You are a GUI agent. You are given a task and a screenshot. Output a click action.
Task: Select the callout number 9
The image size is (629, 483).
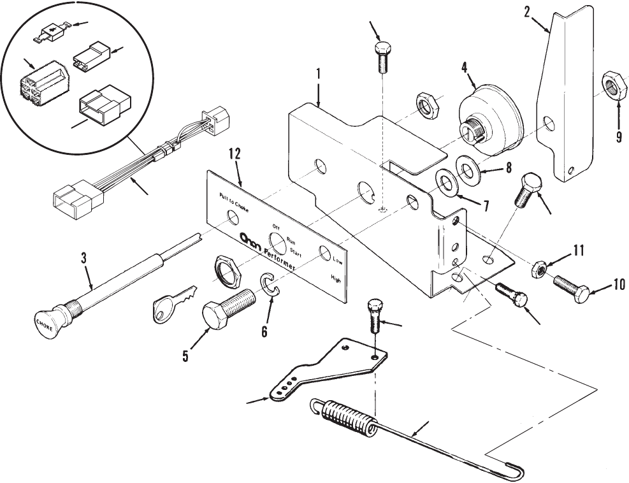pos(618,136)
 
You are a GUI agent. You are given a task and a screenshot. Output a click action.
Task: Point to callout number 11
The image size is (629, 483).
pos(577,250)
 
